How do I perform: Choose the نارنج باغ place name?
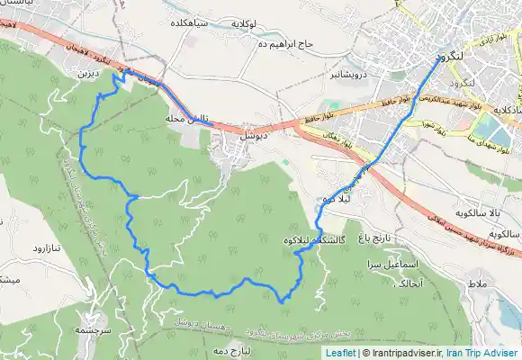click(x=376, y=240)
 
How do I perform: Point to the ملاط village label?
click(x=476, y=284)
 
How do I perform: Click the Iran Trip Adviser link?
click(x=485, y=353)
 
